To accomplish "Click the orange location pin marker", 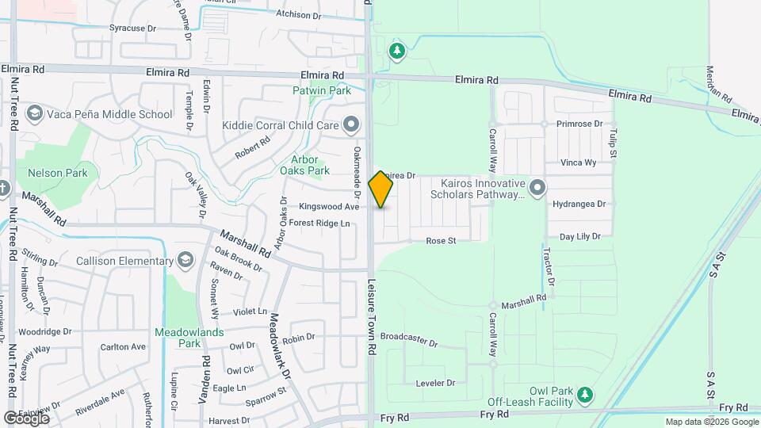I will tap(381, 189).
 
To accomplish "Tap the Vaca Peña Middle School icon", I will tap(34, 114).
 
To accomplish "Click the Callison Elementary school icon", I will tap(185, 261).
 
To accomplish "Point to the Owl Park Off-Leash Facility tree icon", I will tap(585, 394).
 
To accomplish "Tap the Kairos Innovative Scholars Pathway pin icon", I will tap(538, 188).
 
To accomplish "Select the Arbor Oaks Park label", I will tap(304, 164).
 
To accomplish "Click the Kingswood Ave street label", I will tap(329, 207).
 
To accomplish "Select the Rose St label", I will tap(442, 241).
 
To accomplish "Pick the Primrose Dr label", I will tap(579, 124).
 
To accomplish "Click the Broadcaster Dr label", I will tap(408, 340).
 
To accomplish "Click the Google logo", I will tap(26, 418).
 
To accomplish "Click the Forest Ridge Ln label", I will tap(319, 224).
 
